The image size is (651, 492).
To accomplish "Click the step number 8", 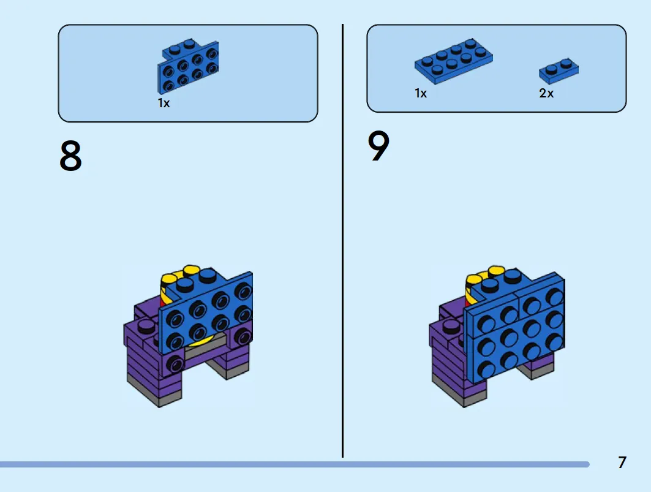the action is tap(70, 156).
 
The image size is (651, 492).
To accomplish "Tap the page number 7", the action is tap(622, 462).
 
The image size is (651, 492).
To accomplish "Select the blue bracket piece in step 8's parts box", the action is tap(188, 67).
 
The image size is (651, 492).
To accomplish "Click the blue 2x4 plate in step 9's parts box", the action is tap(453, 61).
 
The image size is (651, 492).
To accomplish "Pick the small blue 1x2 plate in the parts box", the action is tap(559, 70).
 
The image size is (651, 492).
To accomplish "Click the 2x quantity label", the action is tap(546, 93).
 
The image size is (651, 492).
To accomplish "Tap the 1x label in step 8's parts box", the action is tap(164, 103).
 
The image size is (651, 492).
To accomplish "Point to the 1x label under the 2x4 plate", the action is tap(421, 93).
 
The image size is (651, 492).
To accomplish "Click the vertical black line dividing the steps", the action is tap(342, 241).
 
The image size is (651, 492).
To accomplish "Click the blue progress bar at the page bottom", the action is tap(294, 464).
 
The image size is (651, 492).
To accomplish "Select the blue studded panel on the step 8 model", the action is tap(206, 312).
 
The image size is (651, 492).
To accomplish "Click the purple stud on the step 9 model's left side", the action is tap(451, 325).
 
